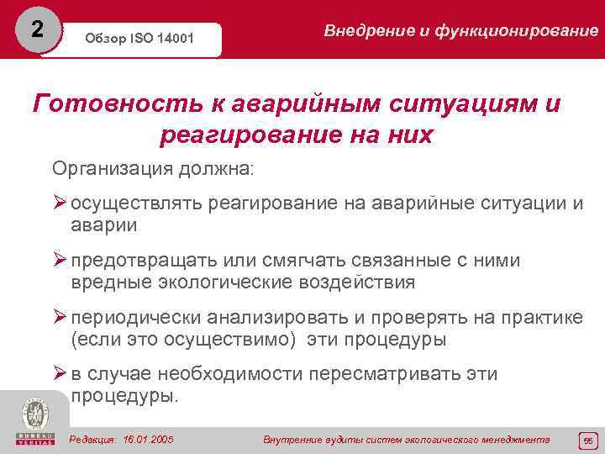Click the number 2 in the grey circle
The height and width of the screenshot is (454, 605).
[x=36, y=29]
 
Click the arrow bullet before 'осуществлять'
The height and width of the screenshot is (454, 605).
[x=60, y=204]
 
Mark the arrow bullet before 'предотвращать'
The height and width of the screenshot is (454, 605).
[x=60, y=261]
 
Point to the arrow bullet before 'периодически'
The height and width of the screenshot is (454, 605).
[x=60, y=319]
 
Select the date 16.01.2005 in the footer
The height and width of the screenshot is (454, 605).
[x=148, y=440]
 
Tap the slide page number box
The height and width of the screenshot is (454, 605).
[x=587, y=440]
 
